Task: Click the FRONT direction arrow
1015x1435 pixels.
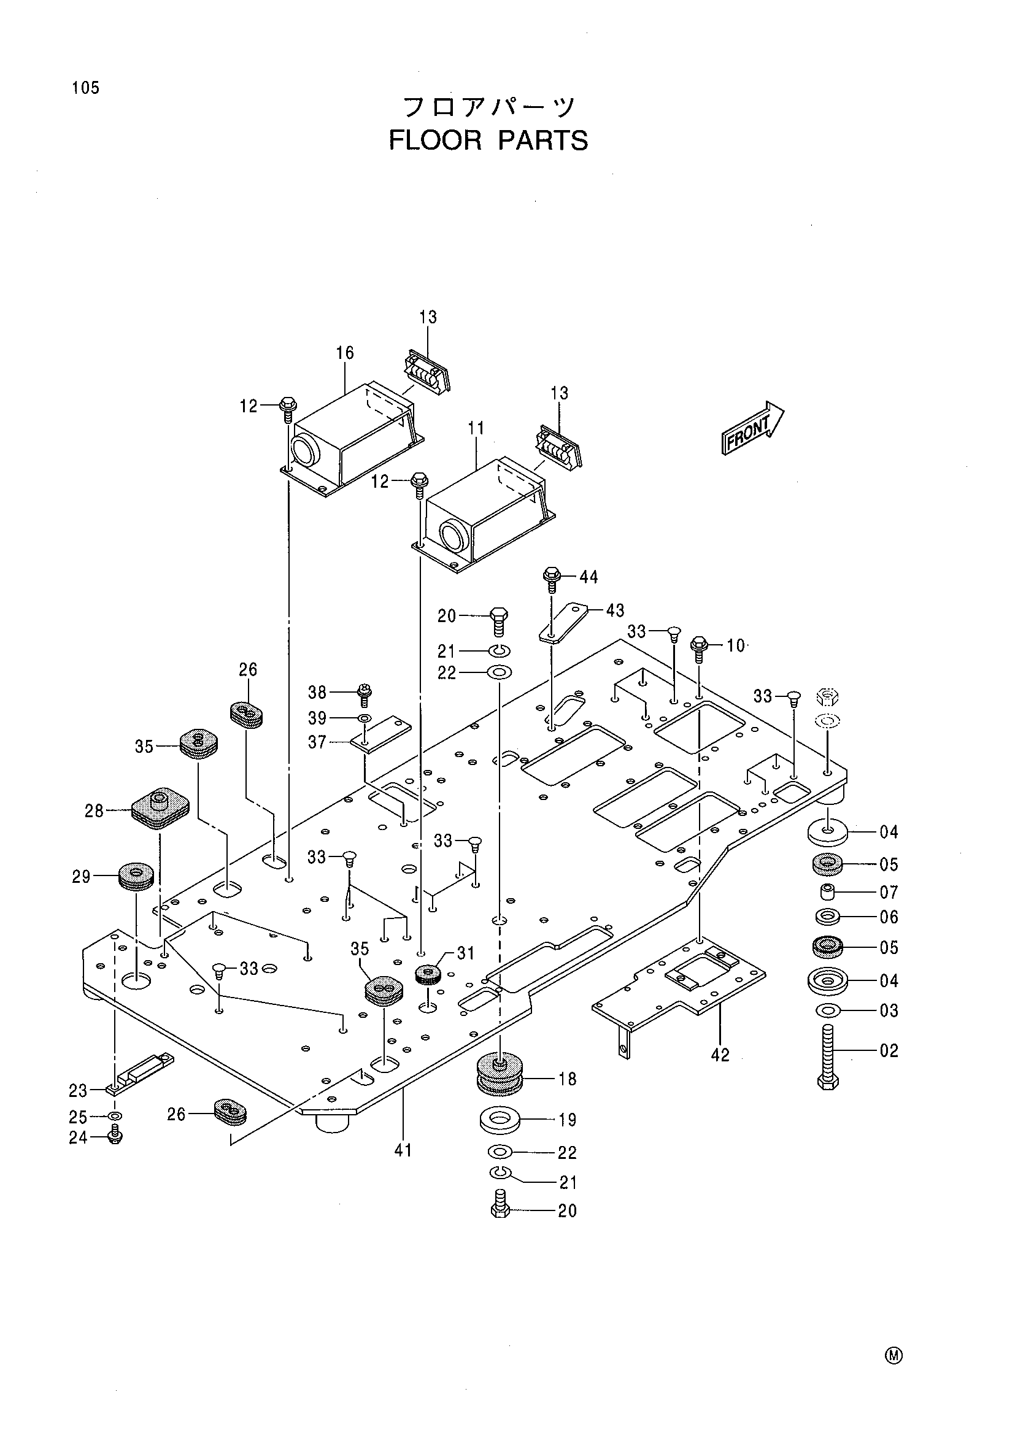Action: pos(752,428)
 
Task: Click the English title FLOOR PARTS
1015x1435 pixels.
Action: pos(488,140)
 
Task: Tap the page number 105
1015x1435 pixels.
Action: pos(86,88)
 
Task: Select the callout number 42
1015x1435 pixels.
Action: pos(720,1055)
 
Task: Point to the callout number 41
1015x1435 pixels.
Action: pos(403,1150)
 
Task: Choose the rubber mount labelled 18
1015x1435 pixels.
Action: pos(500,1074)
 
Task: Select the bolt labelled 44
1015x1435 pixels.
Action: pos(551,579)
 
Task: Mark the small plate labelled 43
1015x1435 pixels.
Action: pos(565,622)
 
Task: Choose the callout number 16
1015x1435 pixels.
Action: pos(344,353)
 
